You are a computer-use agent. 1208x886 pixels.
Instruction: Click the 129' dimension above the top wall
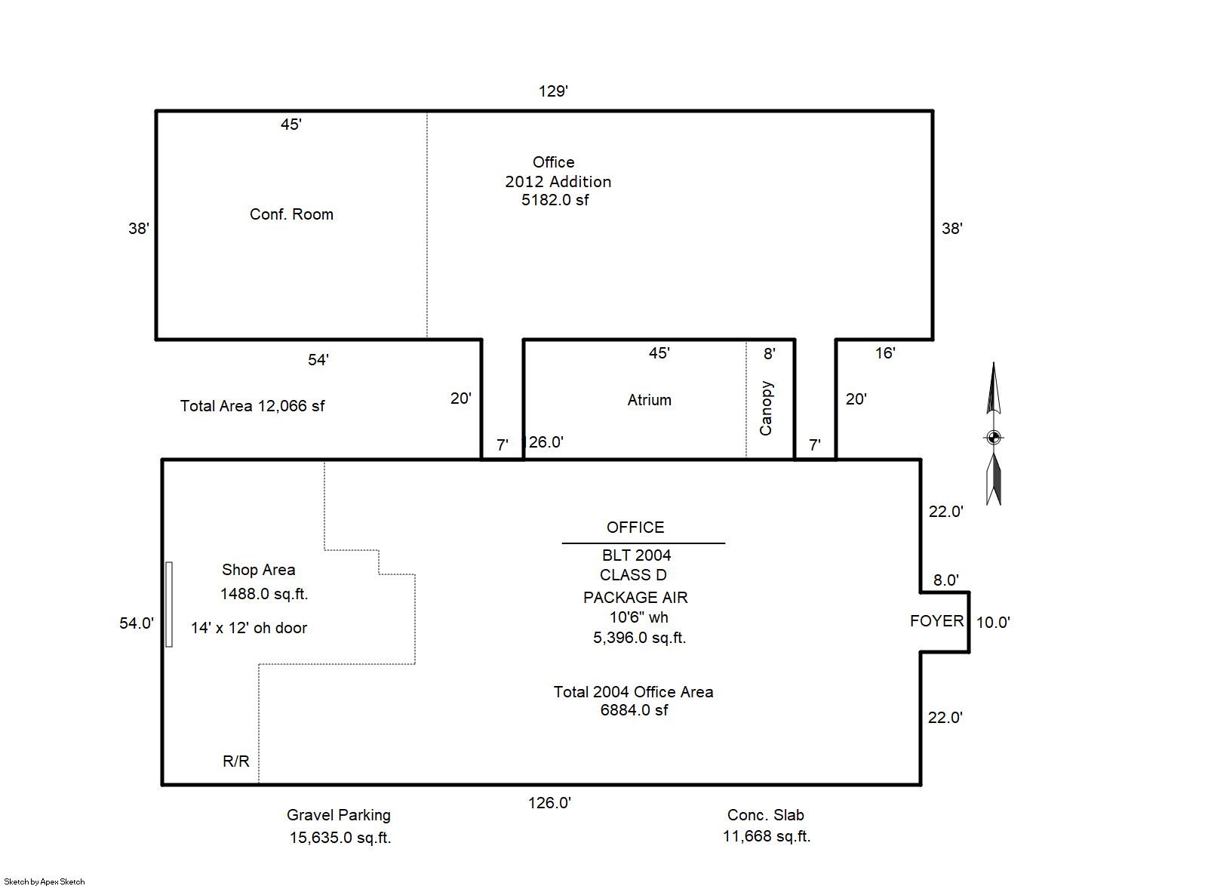click(553, 91)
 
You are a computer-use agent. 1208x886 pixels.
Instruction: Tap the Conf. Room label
click(291, 214)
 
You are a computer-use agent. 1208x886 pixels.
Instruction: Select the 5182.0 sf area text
click(555, 199)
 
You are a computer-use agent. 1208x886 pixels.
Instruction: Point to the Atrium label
click(650, 399)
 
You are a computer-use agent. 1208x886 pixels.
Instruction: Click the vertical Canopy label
click(766, 408)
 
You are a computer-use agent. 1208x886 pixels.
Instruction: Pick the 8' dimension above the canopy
click(770, 353)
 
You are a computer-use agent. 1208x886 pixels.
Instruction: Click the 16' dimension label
click(885, 352)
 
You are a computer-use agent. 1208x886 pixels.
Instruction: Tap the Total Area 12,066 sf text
click(252, 405)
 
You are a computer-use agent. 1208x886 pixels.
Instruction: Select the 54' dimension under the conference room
click(318, 360)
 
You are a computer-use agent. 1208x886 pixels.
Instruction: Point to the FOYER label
click(936, 620)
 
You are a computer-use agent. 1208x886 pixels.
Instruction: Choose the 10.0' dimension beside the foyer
click(993, 622)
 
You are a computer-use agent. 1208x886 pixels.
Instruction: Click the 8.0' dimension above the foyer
click(946, 580)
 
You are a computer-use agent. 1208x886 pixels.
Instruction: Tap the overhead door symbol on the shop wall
click(169, 604)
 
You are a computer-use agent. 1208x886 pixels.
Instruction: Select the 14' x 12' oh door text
click(248, 628)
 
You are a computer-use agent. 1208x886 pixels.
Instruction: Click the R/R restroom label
click(236, 761)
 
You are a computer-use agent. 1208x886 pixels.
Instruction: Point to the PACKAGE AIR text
click(635, 598)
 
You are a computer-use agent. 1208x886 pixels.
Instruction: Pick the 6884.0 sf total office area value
click(634, 709)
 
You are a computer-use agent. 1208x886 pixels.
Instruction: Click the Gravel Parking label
click(339, 815)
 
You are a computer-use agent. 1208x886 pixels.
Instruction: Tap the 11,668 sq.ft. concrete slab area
click(767, 836)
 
